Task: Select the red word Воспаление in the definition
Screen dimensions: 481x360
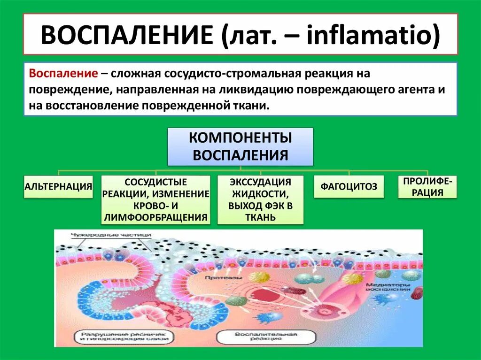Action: click(63, 74)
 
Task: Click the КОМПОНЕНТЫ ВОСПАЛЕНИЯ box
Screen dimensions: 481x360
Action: click(240, 146)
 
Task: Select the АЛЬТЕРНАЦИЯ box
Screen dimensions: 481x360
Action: click(58, 186)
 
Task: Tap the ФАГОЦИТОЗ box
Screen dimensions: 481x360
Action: click(349, 186)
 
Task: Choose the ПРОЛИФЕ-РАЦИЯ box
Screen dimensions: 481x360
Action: click(427, 187)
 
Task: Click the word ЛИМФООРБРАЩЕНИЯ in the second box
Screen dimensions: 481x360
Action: click(156, 217)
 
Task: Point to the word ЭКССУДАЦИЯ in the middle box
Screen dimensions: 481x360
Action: click(260, 182)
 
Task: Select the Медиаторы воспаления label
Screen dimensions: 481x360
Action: click(385, 286)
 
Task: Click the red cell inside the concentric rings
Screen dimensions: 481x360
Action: click(258, 295)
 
